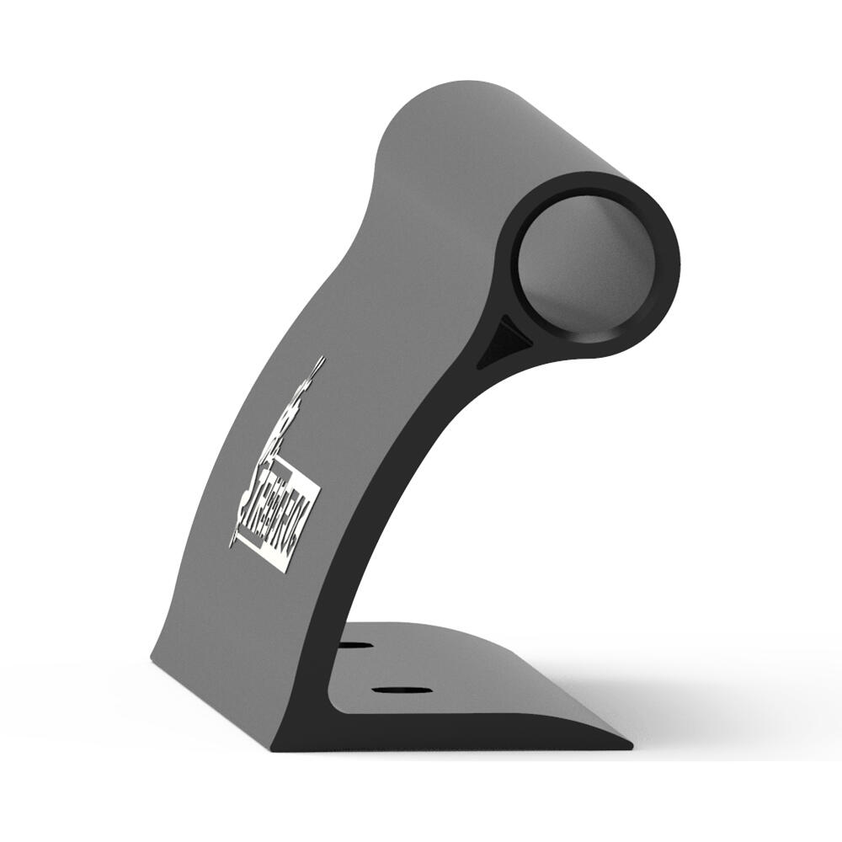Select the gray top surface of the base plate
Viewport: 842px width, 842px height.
pyautogui.click(x=472, y=665)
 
